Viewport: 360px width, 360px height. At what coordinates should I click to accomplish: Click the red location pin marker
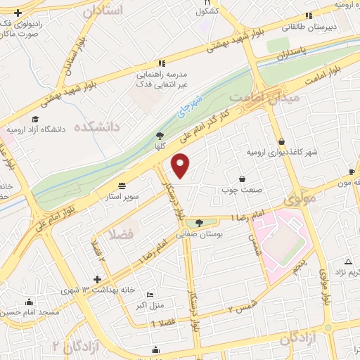point(181,166)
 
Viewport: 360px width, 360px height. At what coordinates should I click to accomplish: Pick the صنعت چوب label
point(243,188)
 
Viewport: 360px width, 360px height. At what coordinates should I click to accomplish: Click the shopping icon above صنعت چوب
point(243,178)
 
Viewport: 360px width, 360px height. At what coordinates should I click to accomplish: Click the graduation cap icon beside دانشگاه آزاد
point(35,119)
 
